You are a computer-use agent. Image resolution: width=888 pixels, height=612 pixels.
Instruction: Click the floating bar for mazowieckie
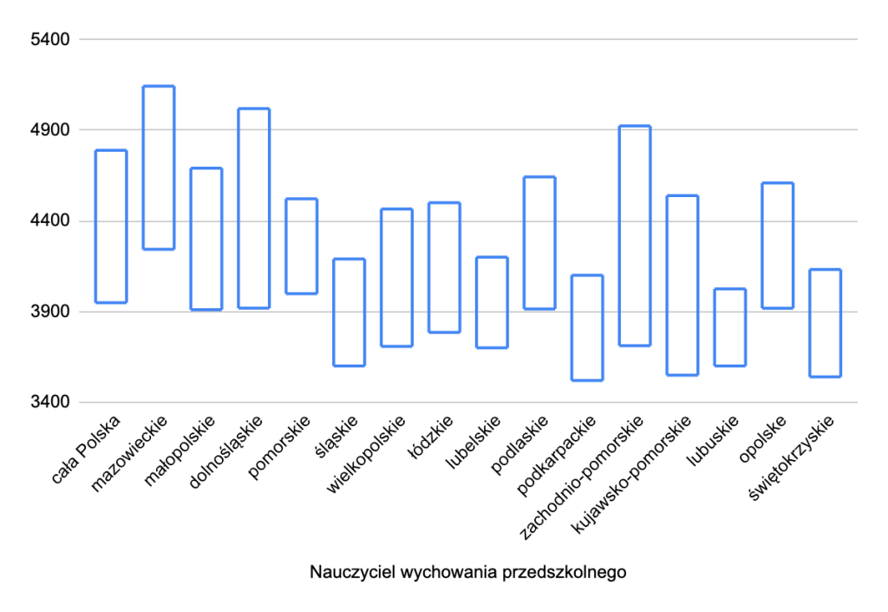[x=143, y=168]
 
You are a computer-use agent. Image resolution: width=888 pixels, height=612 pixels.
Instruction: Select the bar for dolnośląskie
[x=238, y=208]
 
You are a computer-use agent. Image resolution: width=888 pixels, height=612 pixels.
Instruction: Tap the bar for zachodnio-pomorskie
[x=619, y=235]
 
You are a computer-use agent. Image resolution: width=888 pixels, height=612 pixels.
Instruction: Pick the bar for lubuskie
[x=715, y=327]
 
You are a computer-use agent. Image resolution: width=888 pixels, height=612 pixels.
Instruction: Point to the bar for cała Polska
[x=95, y=227]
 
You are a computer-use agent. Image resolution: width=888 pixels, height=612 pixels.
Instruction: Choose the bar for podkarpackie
[x=572, y=327]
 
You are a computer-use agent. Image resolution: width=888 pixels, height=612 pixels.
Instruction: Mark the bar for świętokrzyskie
[x=810, y=323]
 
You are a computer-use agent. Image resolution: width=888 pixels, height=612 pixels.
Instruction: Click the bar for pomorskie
[x=286, y=246]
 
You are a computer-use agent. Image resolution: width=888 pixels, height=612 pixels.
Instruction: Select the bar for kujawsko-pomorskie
[x=667, y=285]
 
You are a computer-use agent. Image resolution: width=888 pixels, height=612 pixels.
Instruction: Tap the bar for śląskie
[x=334, y=313]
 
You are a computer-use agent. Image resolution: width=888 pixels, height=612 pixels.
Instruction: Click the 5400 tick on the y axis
[x=50, y=40]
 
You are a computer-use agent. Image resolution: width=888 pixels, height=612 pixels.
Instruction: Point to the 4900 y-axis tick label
[x=50, y=129]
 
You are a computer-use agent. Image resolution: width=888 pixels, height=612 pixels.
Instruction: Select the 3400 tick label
[x=50, y=402]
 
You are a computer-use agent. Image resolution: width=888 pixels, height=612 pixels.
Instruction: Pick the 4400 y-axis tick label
[x=50, y=220]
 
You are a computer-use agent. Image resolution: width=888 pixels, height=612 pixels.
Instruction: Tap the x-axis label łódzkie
[x=431, y=438]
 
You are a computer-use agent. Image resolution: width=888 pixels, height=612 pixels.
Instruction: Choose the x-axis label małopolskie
[x=180, y=451]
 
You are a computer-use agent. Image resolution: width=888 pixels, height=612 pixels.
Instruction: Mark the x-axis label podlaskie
[x=519, y=444]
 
